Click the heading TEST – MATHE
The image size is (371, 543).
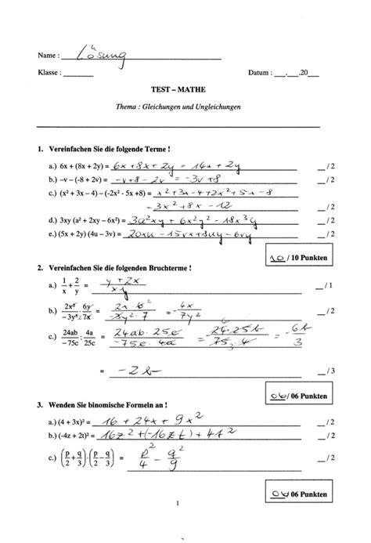185,90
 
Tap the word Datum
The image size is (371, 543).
259,74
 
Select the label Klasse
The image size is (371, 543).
49,74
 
